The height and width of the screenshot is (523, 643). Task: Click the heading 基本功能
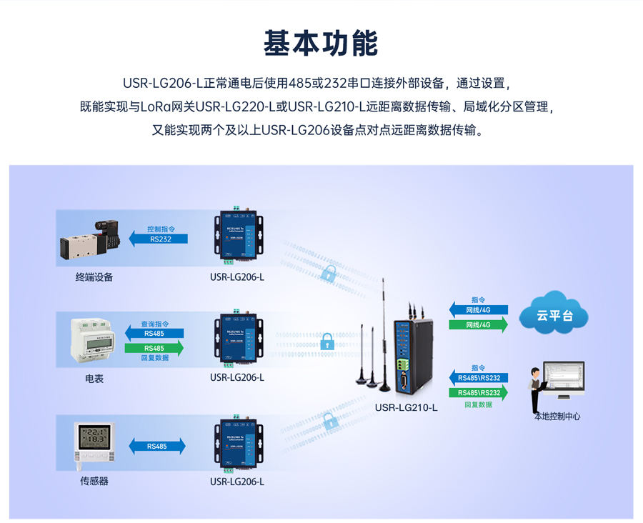(x=321, y=44)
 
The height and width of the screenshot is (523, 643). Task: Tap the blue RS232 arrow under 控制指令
(x=159, y=239)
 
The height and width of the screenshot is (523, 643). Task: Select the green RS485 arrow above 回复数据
(x=154, y=348)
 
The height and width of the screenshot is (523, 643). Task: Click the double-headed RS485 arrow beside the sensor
(x=157, y=446)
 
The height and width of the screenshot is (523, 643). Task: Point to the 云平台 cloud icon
(x=554, y=314)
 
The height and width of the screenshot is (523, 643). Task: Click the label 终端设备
(x=94, y=277)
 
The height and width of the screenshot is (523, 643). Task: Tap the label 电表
(x=94, y=379)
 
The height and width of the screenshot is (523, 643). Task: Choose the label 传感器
(x=94, y=481)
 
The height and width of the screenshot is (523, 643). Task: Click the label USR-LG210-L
(x=406, y=408)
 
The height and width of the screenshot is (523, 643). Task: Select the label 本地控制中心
(x=557, y=416)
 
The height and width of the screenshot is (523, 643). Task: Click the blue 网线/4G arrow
(x=479, y=310)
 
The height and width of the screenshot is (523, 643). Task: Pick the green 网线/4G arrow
(x=479, y=325)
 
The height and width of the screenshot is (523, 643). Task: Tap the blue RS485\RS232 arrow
(x=479, y=378)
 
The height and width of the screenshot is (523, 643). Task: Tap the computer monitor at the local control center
(x=564, y=377)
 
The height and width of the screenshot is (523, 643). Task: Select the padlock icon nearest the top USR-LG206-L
(x=329, y=272)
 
